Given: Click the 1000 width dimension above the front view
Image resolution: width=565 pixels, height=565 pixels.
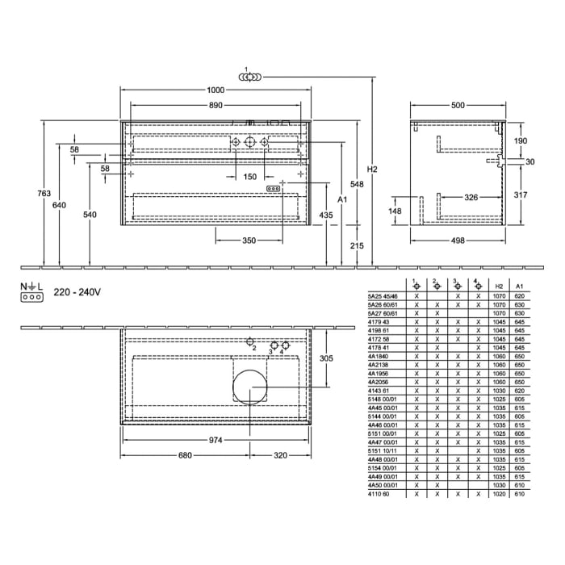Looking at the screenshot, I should tap(214, 91).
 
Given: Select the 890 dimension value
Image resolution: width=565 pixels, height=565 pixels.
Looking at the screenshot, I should tap(214, 106).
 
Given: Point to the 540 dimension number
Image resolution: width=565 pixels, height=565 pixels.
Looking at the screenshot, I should tap(90, 215).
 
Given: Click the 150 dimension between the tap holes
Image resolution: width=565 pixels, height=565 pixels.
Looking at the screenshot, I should tap(249, 177).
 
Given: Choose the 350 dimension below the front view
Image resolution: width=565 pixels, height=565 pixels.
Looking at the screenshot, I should tap(249, 241).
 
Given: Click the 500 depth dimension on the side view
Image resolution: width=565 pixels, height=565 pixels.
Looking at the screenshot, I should tap(458, 106).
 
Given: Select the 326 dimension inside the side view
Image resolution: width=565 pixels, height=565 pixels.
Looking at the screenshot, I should tap(471, 197).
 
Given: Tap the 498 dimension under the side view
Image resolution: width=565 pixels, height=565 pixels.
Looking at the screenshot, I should tap(458, 241).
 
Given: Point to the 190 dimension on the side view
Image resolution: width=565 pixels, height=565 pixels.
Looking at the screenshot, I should tap(521, 140).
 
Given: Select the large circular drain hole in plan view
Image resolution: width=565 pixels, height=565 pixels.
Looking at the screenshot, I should tap(249, 387).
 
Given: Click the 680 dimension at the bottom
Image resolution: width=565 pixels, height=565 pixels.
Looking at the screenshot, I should tap(185, 456).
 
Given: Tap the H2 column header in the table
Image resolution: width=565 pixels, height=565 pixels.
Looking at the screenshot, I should tap(500, 286).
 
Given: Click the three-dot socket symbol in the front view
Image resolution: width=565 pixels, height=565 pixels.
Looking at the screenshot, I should tap(273, 188).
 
